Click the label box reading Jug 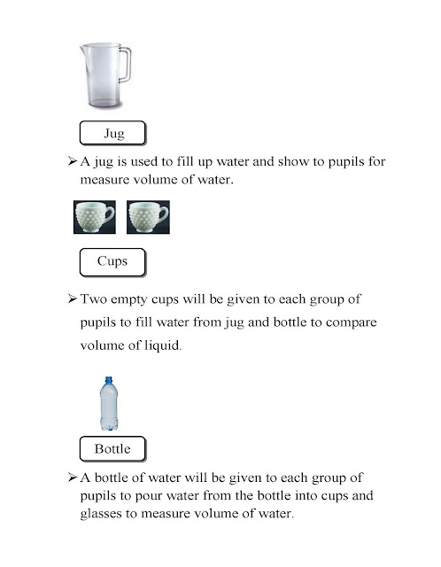112,134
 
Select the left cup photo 95,217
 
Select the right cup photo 148,217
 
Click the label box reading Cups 112,261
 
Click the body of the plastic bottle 109,409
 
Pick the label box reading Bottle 112,448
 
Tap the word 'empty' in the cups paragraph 135,300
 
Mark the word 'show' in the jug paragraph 292,162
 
